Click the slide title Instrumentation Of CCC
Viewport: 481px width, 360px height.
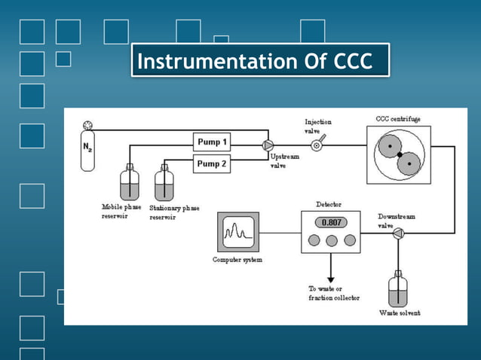(x=260, y=61)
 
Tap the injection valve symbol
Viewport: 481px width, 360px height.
(x=316, y=145)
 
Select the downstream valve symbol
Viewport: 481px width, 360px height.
(x=397, y=233)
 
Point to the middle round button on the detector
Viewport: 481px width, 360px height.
(x=330, y=240)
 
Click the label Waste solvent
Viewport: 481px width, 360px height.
(x=400, y=313)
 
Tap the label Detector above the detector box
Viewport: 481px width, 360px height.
(x=329, y=205)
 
